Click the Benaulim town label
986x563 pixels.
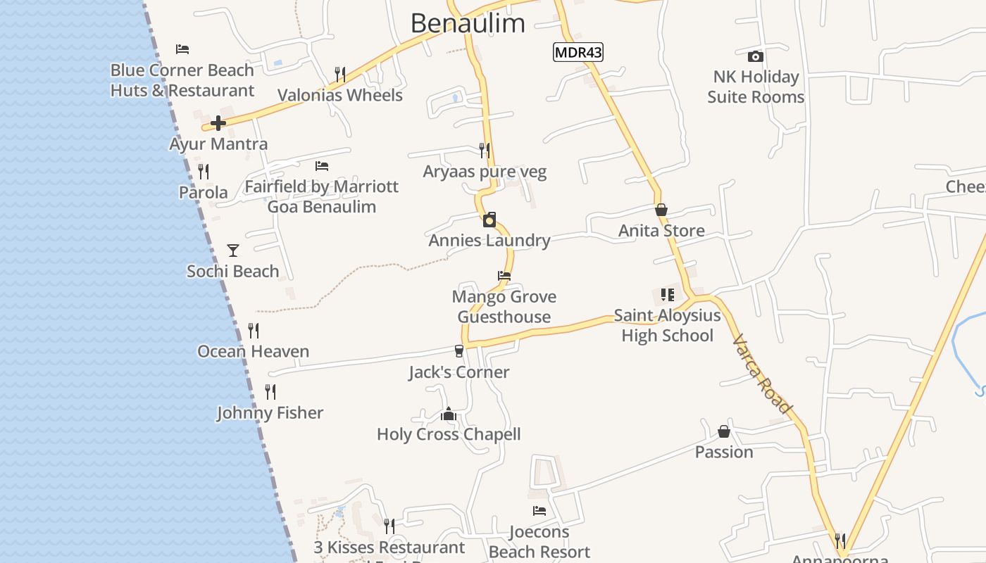tap(468, 23)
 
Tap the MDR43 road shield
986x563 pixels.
tap(578, 52)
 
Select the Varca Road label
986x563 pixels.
tap(763, 374)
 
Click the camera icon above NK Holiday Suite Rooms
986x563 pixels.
tap(756, 56)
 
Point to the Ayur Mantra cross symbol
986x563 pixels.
tap(218, 123)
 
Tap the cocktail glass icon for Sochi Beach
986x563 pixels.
tap(233, 250)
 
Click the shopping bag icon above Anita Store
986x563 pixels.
tap(661, 210)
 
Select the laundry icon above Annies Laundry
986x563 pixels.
tap(489, 220)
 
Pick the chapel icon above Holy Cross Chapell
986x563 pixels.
tap(449, 414)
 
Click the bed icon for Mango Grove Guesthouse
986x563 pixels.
tap(504, 276)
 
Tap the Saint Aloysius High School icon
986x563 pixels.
tap(667, 295)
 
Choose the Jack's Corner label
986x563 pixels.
tap(458, 372)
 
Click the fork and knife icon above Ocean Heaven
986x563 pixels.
tap(254, 330)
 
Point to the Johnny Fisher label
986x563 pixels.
tap(270, 413)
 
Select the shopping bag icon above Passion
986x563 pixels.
tap(724, 431)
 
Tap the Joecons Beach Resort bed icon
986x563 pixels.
tap(539, 511)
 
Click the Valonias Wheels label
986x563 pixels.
tap(340, 96)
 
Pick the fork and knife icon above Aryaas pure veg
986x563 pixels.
tap(485, 150)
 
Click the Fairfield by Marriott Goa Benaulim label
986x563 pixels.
tap(321, 196)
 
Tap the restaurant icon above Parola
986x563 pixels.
tap(204, 171)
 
